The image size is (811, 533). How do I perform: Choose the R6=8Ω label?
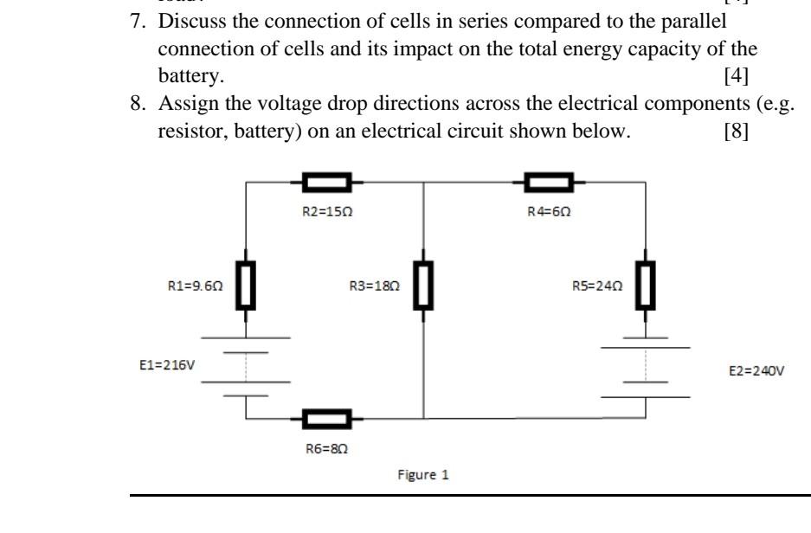click(x=325, y=449)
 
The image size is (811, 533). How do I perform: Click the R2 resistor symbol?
click(x=326, y=183)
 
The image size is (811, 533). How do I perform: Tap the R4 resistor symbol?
click(x=549, y=183)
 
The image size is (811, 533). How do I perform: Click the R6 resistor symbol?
click(x=326, y=419)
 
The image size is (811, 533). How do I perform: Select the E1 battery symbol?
click(x=247, y=366)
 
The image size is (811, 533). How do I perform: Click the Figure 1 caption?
click(x=423, y=475)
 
